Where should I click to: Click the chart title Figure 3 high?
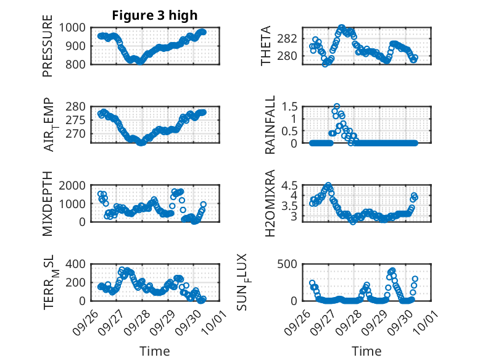point(155,15)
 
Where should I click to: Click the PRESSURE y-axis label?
point(48,49)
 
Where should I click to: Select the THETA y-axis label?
point(266,46)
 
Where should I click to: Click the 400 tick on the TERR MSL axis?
point(79,264)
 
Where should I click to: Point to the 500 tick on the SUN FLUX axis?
point(292,264)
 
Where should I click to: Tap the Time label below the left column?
point(155,351)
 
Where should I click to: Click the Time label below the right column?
point(366,351)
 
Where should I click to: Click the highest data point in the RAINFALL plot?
point(337,106)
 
